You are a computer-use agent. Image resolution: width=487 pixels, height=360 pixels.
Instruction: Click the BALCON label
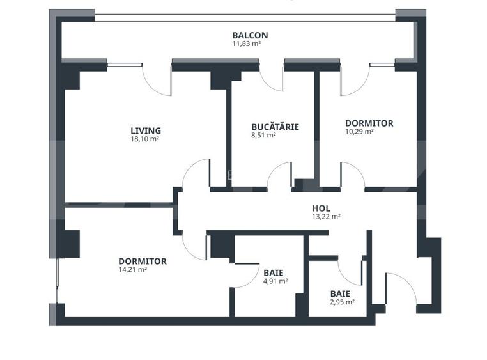pyautogui.click(x=250, y=36)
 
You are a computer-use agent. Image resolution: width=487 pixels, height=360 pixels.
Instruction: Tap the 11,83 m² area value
pyautogui.click(x=246, y=45)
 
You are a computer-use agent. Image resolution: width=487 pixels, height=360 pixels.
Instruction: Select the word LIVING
pyautogui.click(x=145, y=130)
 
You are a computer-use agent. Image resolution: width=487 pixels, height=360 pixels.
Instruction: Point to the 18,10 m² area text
pyautogui.click(x=144, y=139)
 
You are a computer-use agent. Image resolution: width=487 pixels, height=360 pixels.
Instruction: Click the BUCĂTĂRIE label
pyautogui.click(x=275, y=127)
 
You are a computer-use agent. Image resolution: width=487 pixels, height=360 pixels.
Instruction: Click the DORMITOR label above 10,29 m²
pyautogui.click(x=369, y=123)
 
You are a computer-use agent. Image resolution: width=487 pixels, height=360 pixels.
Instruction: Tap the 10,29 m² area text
pyautogui.click(x=359, y=132)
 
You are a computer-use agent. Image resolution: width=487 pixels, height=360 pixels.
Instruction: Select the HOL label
pyautogui.click(x=321, y=208)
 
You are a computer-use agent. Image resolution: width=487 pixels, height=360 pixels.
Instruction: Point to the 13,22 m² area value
pyautogui.click(x=326, y=217)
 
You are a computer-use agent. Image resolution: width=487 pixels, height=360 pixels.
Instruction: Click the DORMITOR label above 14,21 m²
pyautogui.click(x=143, y=261)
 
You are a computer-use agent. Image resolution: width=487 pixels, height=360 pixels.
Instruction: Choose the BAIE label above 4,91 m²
pyautogui.click(x=273, y=272)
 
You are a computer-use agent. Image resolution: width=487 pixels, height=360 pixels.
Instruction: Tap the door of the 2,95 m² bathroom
pyautogui.click(x=350, y=272)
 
